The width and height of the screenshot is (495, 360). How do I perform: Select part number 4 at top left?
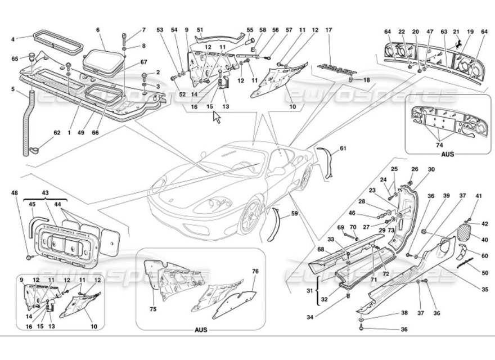(13, 39)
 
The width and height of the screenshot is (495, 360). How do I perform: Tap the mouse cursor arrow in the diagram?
(216, 117)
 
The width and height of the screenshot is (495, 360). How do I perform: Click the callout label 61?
(344, 149)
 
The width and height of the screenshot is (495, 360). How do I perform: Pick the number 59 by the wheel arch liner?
(294, 214)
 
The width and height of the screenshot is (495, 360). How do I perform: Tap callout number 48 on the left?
(15, 193)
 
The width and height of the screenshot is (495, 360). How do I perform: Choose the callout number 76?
(255, 272)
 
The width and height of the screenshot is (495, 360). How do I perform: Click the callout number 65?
(15, 58)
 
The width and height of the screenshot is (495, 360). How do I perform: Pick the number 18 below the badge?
(366, 80)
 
